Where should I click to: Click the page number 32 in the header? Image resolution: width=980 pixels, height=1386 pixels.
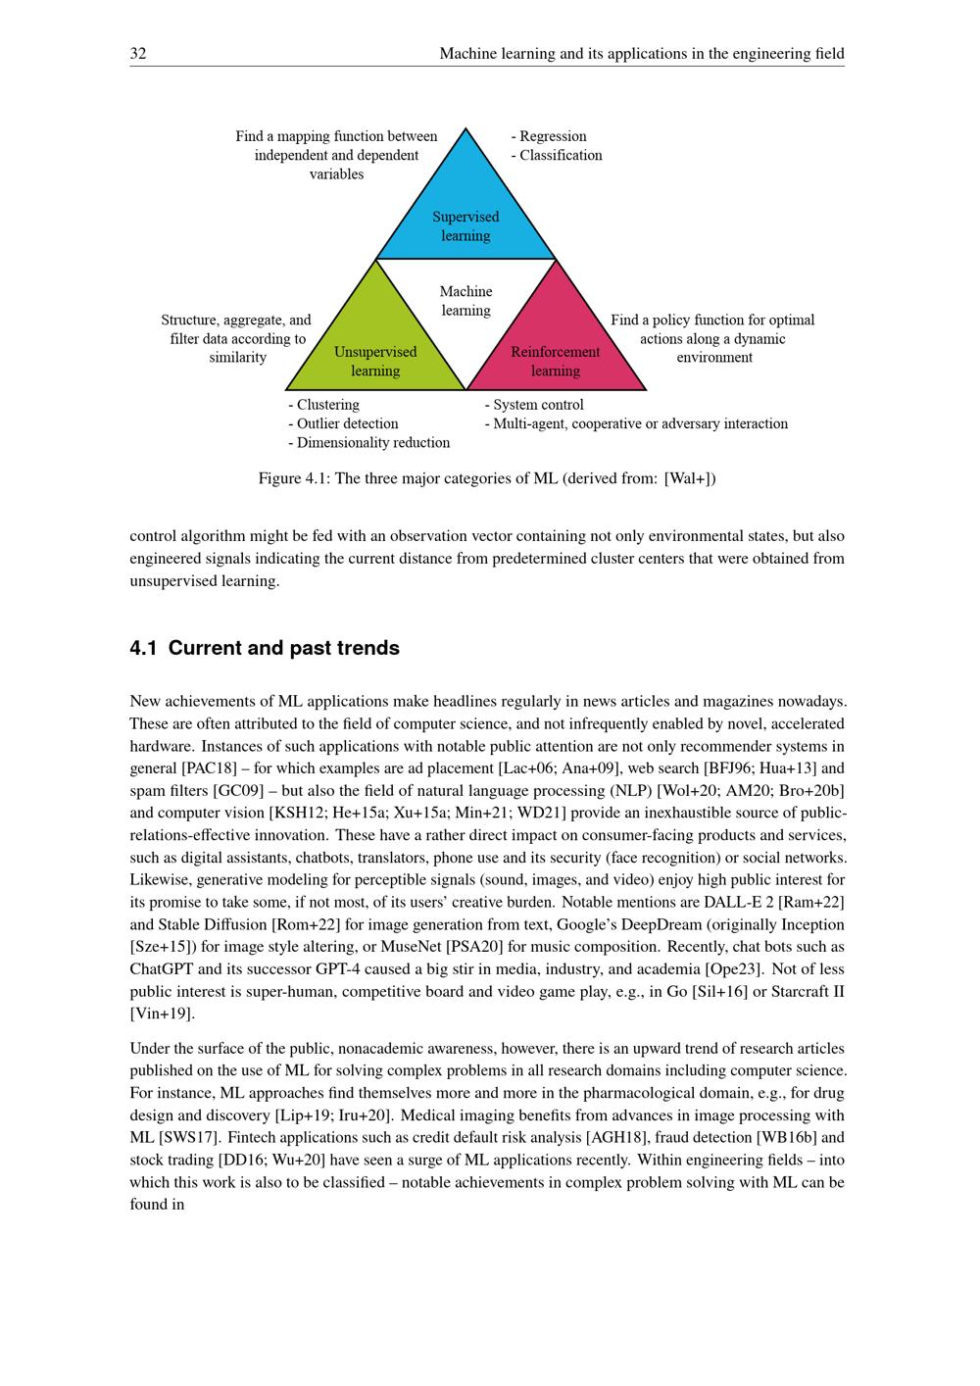click(138, 54)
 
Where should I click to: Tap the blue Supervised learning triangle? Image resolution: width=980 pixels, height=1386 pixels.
click(465, 211)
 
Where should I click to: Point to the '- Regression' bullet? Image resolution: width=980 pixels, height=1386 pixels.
click(549, 136)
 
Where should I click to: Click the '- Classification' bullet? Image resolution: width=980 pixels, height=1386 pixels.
click(557, 155)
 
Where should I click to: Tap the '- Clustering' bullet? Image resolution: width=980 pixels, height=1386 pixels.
click(324, 405)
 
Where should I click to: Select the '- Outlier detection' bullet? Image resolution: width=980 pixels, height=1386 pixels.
click(344, 423)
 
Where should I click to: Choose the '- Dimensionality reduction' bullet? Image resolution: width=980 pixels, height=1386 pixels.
click(369, 442)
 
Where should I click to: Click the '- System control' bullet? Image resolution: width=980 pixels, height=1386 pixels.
click(534, 405)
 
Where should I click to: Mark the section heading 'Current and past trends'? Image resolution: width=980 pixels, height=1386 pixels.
click(283, 648)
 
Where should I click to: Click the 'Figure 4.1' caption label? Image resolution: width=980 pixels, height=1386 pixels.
click(292, 478)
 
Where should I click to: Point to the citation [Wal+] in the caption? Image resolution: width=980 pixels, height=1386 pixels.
click(689, 478)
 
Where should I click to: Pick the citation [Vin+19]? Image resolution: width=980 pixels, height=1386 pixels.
click(162, 1013)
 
